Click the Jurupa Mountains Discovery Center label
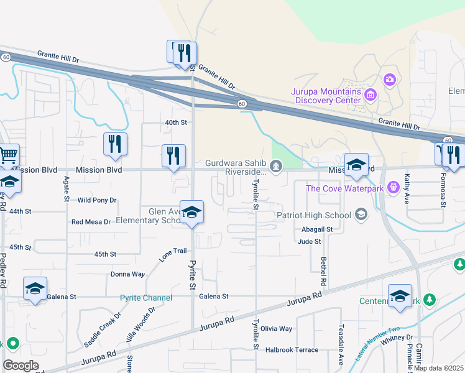(x=326, y=96)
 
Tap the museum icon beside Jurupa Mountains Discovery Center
(x=371, y=94)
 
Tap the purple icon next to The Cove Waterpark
(x=392, y=186)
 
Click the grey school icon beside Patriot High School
(x=360, y=215)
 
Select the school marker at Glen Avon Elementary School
(x=192, y=212)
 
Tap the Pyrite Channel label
(x=146, y=298)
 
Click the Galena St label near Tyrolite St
(x=214, y=297)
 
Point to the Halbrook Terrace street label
(x=292, y=350)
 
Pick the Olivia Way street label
(x=276, y=329)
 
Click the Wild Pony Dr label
(x=97, y=200)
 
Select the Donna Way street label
(x=127, y=274)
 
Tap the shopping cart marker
(x=8, y=155)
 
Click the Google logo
(x=21, y=365)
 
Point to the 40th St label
(x=176, y=123)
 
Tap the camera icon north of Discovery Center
(x=390, y=79)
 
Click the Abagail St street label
(x=317, y=229)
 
